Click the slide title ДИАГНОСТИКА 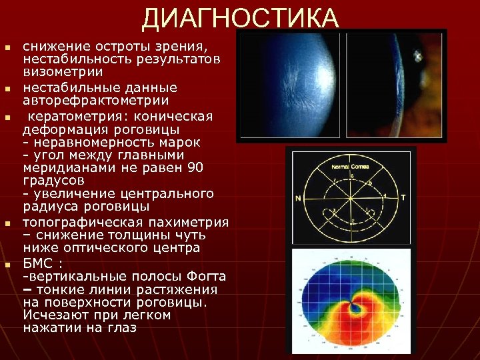click(240, 19)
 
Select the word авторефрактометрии click(96, 101)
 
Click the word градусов click(53, 180)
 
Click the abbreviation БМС click(39, 263)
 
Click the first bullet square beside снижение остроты click(7, 49)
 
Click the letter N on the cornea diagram click(297, 199)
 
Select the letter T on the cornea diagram click(403, 198)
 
